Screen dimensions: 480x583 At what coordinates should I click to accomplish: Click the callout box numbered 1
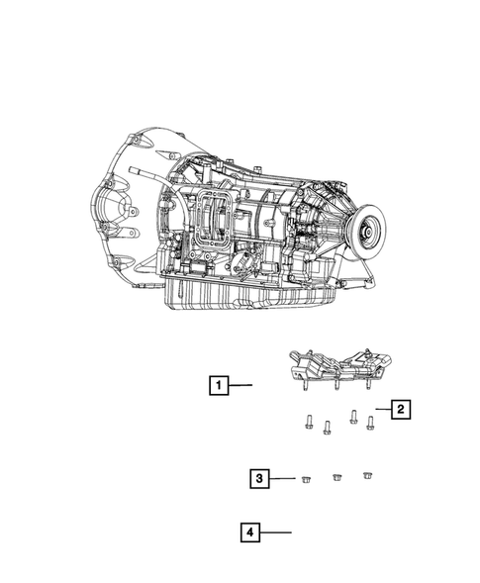219,385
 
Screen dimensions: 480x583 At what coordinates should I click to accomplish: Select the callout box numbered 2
401,409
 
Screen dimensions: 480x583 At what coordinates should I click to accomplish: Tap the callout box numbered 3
259,478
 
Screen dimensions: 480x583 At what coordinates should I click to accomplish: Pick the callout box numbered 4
250,533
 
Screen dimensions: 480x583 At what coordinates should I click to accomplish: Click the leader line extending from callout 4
275,533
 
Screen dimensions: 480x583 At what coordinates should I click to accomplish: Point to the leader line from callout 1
240,385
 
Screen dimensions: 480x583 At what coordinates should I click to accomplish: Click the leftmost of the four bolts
308,422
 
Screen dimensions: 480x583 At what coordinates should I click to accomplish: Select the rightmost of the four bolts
370,423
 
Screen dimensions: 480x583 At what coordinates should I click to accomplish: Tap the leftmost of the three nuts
306,479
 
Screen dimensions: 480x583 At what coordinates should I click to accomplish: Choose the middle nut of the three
336,477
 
